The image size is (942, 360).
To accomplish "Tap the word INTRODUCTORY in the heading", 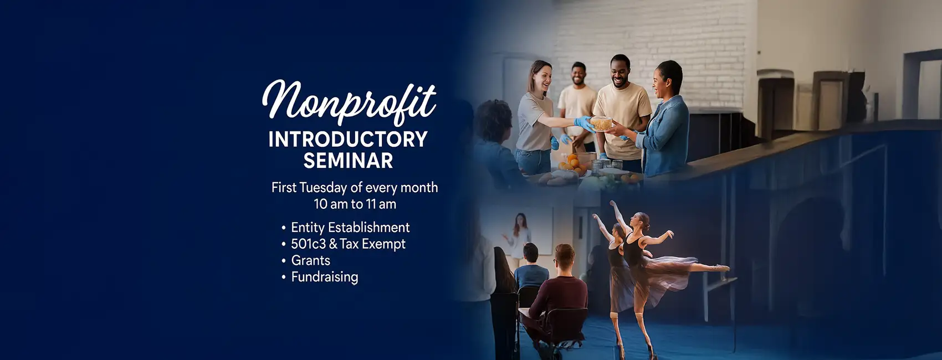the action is pos(348,140).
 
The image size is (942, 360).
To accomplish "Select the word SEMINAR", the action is pos(348,161).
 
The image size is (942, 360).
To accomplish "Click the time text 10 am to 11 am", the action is pos(355,204).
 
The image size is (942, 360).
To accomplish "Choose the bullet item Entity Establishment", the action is pos(350,228).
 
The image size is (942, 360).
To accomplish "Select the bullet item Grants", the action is pos(311,261).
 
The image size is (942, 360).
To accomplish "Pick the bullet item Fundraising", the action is pos(325,277).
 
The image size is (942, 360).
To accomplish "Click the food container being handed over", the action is pos(601,124).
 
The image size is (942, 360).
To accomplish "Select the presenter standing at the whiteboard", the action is pos(519,235).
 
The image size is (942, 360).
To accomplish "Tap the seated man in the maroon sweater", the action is pos(557,295).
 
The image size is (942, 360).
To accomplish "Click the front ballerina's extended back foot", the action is pos(723,268).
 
